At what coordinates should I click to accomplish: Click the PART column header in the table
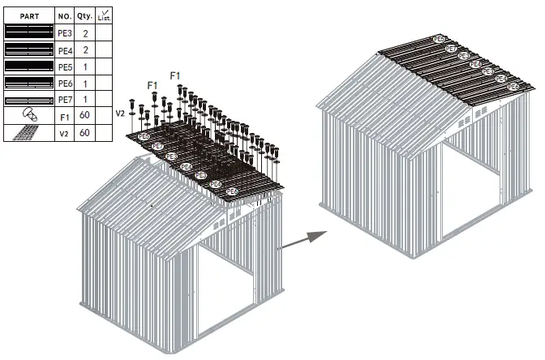[28, 15]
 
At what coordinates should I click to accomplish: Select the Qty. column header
[84, 15]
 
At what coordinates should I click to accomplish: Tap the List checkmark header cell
[104, 15]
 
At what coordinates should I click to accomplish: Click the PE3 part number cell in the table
[65, 33]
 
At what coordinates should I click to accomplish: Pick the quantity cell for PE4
[84, 50]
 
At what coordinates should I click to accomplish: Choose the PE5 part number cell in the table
[65, 66]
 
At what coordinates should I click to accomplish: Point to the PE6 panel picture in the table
[28, 83]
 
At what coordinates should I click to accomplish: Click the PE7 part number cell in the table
[65, 99]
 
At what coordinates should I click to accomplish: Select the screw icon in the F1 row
[28, 115]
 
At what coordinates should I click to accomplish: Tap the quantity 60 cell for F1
[84, 116]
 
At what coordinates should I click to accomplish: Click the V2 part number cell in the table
[65, 132]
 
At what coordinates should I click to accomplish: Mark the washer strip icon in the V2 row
[28, 132]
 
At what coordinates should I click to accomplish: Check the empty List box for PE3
[104, 33]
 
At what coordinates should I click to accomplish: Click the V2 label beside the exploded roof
[120, 113]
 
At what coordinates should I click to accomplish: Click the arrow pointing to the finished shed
[304, 238]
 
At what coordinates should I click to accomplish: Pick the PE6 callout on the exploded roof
[232, 191]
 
